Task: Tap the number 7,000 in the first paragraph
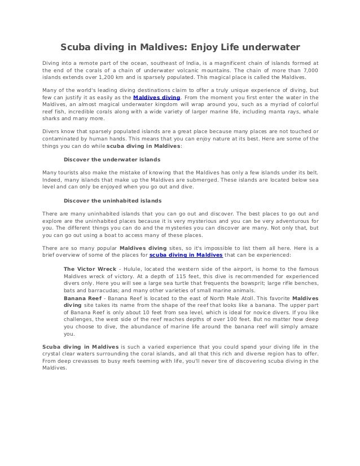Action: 309,71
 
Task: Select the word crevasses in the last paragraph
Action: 89,360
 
